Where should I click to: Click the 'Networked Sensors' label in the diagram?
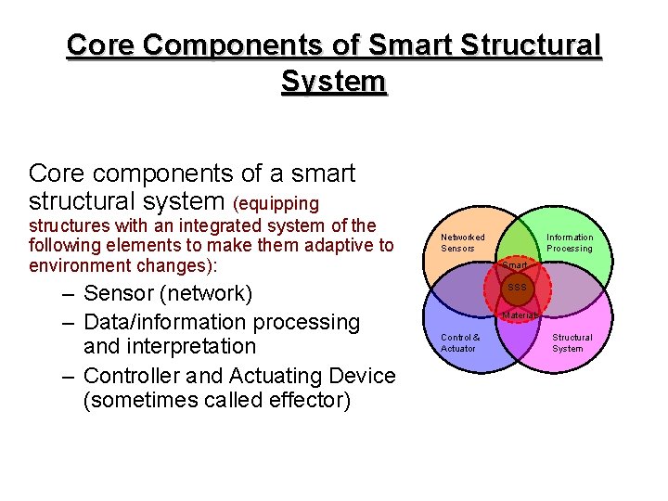tap(462, 243)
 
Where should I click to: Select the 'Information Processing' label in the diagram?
tap(569, 243)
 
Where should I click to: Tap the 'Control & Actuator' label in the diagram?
tap(460, 342)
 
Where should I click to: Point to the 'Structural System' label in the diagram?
tap(572, 342)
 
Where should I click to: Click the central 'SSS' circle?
tap(517, 288)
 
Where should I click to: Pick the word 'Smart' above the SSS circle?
tap(514, 265)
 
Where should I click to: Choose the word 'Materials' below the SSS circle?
tap(520, 315)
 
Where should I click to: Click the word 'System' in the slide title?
tap(333, 82)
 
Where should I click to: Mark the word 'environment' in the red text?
tap(80, 265)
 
